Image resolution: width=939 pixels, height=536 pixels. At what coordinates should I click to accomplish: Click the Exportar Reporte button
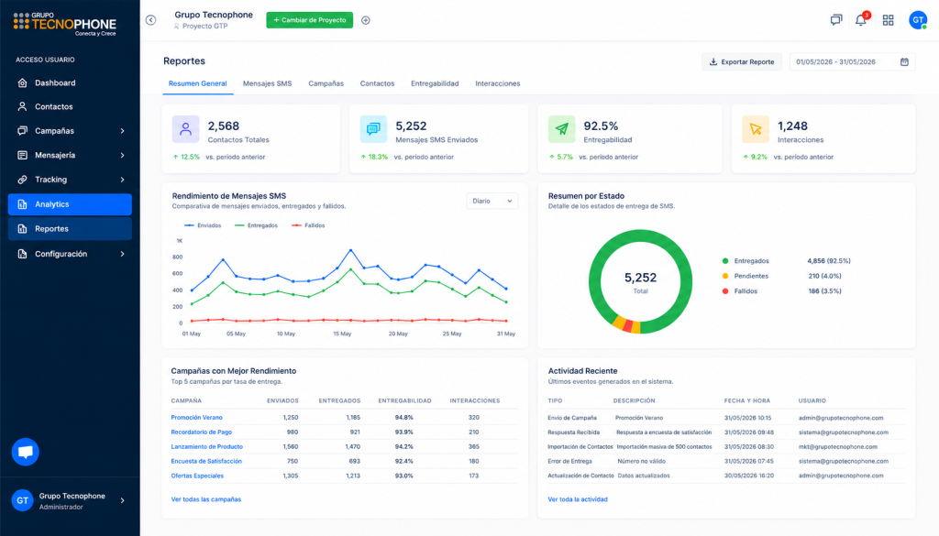pos(741,61)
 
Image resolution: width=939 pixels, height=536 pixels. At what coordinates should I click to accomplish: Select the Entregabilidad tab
pos(435,83)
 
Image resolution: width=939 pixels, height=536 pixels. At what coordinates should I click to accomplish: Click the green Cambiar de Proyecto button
pos(310,20)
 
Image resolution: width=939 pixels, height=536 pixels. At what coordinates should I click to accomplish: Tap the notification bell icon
pos(860,20)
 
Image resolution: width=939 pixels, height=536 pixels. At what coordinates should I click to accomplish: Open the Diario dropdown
pos(492,201)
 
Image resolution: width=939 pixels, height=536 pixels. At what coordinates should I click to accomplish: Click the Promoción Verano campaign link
pos(196,418)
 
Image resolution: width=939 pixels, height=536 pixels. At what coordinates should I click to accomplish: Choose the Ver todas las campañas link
pos(206,499)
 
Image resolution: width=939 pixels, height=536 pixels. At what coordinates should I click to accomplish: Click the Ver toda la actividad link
pos(578,499)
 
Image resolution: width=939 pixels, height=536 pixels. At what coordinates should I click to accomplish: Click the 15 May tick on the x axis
pos(342,334)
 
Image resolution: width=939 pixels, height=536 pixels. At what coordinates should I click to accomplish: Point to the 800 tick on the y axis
pos(177,257)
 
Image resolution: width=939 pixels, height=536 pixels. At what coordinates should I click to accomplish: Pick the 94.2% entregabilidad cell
pos(403,447)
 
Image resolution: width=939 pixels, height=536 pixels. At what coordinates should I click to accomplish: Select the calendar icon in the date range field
pos(904,61)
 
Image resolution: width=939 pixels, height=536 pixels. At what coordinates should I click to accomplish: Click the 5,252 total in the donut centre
pos(640,278)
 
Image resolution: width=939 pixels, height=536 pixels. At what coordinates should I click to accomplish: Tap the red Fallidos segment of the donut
pos(627,326)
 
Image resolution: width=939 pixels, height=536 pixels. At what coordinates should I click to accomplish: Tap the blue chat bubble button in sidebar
pos(25,453)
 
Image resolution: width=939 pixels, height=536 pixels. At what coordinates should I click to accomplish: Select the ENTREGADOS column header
pos(339,400)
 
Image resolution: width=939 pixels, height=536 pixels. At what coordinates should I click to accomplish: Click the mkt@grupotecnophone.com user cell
pos(837,447)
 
